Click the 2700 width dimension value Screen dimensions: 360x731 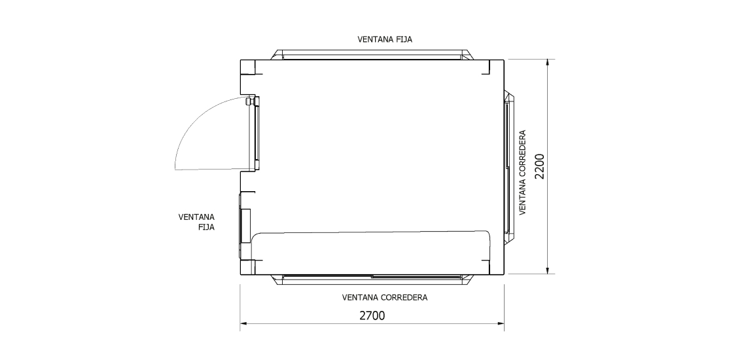click(372, 315)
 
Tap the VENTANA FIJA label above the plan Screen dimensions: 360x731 click(385, 39)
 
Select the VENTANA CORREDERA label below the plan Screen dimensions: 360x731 click(385, 297)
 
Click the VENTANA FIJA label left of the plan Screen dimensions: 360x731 click(197, 221)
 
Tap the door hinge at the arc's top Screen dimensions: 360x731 click(248, 101)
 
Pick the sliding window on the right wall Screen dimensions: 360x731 click(508, 166)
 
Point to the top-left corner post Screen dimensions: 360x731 click(248, 66)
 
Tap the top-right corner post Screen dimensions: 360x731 click(496, 66)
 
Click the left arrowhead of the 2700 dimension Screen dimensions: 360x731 click(243, 323)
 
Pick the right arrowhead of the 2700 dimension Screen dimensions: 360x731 click(501, 323)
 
